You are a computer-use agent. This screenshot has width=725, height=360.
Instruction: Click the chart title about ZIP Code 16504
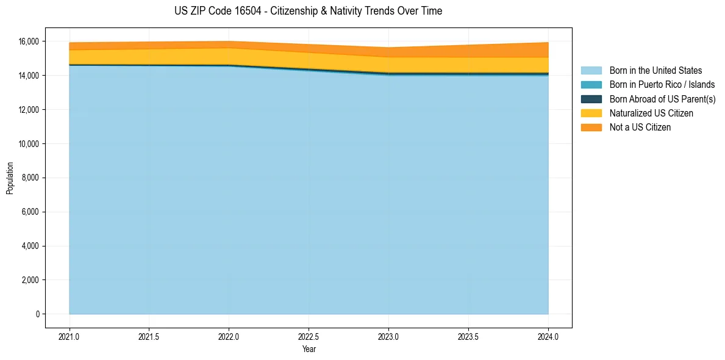tap(308, 11)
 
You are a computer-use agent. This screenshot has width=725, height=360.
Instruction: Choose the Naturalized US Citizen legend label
tap(651, 113)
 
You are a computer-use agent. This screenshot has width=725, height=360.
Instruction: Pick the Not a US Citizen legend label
tap(640, 128)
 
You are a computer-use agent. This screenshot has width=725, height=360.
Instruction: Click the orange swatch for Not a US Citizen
tap(591, 128)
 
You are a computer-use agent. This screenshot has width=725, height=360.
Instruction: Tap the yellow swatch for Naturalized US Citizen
tap(591, 113)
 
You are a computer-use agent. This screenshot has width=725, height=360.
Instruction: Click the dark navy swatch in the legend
tap(591, 99)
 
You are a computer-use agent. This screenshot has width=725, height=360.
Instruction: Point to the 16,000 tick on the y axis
tap(29, 41)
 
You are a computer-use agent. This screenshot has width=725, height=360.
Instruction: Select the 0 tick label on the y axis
tap(37, 314)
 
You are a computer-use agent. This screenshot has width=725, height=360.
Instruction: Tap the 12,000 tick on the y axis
tap(29, 110)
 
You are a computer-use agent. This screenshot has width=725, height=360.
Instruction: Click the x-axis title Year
tap(309, 350)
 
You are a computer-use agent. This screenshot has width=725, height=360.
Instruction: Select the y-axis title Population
tap(10, 178)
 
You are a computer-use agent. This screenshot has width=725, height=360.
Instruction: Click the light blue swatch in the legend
tap(591, 71)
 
